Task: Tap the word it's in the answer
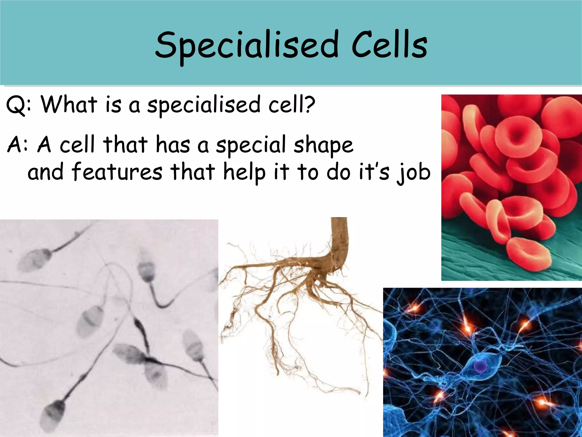coord(374,172)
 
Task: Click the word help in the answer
coord(244,172)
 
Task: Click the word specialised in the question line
coord(203,105)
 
